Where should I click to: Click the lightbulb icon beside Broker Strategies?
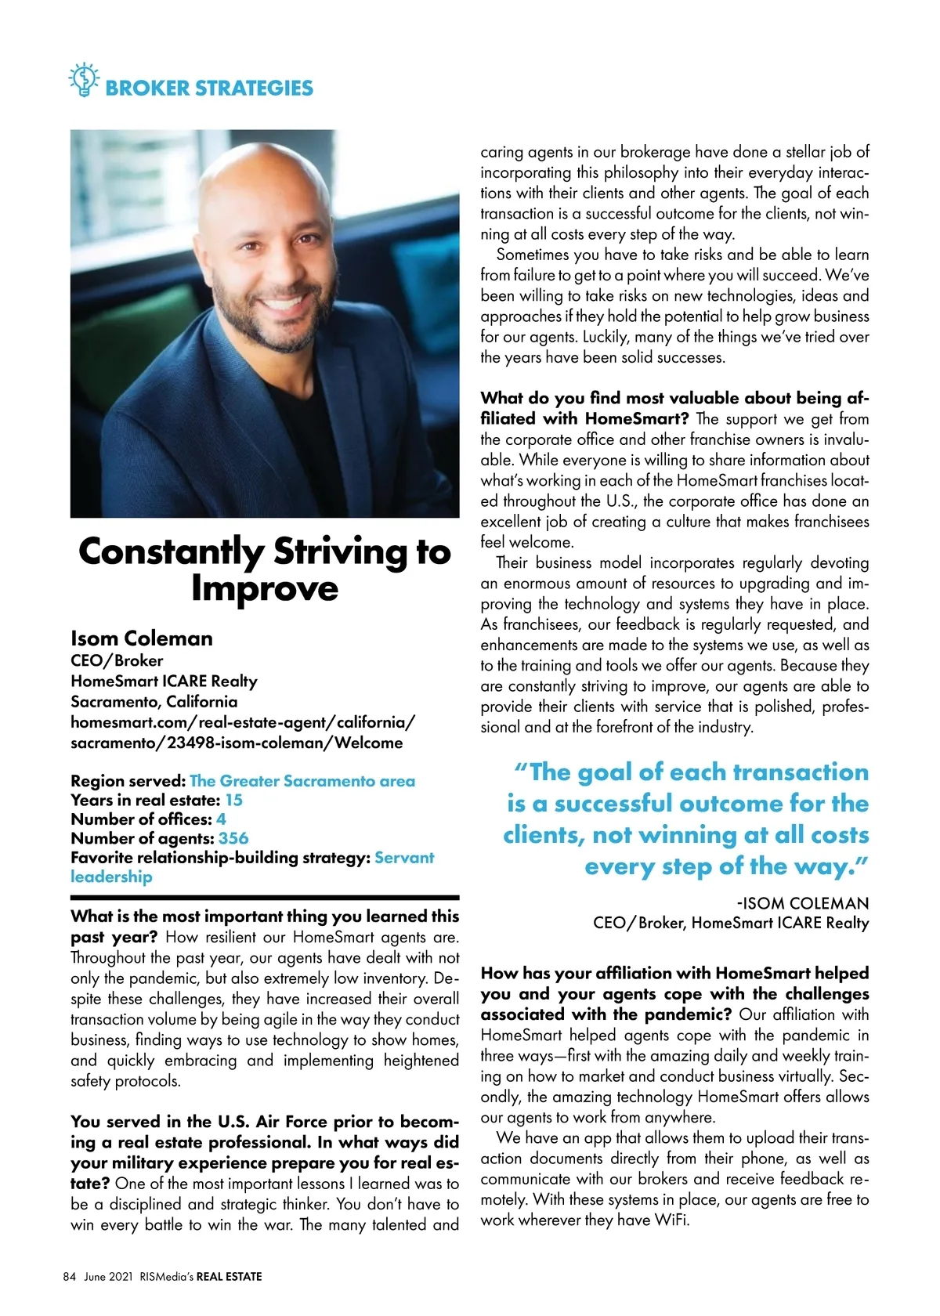(x=83, y=80)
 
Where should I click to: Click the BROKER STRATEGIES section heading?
(x=208, y=88)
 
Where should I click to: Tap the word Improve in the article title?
(x=265, y=588)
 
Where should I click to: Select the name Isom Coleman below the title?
(x=142, y=638)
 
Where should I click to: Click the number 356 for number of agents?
(x=233, y=838)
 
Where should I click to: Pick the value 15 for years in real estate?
(x=233, y=800)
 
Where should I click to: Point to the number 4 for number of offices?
(x=221, y=819)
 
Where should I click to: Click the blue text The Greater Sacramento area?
(x=302, y=781)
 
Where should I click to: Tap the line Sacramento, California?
(x=154, y=701)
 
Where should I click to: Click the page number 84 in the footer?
(x=69, y=1277)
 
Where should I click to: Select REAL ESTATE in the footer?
(x=229, y=1277)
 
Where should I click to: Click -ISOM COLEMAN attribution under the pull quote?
(x=802, y=903)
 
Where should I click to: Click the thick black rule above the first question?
(x=265, y=898)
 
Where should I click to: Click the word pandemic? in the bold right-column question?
(x=690, y=1014)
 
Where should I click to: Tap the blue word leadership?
(x=111, y=877)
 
